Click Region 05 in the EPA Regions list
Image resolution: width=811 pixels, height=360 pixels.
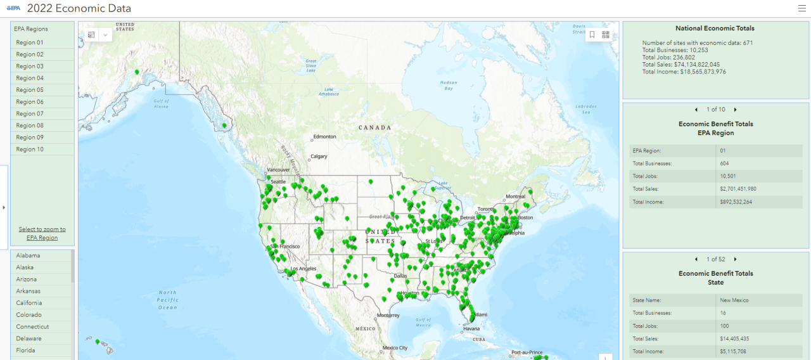pyautogui.click(x=30, y=90)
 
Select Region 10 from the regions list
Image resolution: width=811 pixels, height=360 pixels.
pyautogui.click(x=30, y=150)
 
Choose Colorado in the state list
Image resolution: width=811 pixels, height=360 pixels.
pyautogui.click(x=29, y=315)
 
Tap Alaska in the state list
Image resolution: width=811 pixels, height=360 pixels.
pyautogui.click(x=25, y=267)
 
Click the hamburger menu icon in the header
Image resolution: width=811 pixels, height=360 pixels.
pyautogui.click(x=801, y=8)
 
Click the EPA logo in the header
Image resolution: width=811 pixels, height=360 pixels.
pyautogui.click(x=14, y=8)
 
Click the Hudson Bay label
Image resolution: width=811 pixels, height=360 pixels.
pyautogui.click(x=449, y=86)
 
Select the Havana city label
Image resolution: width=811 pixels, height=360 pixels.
pyautogui.click(x=471, y=329)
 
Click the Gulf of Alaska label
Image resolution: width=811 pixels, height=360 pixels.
pyautogui.click(x=162, y=104)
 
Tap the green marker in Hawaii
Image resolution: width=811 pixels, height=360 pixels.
pyautogui.click(x=97, y=342)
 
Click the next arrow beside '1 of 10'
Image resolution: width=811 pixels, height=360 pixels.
pyautogui.click(x=735, y=110)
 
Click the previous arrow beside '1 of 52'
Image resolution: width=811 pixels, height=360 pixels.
pyautogui.click(x=696, y=259)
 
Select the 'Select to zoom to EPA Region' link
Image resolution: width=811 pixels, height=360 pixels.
pyautogui.click(x=42, y=233)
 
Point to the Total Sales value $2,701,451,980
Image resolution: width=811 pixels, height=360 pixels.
pyautogui.click(x=738, y=189)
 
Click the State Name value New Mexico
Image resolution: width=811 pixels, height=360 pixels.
pyautogui.click(x=734, y=300)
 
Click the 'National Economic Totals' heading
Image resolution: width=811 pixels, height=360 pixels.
pyautogui.click(x=715, y=29)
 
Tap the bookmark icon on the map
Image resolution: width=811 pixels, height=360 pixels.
pyautogui.click(x=592, y=35)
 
